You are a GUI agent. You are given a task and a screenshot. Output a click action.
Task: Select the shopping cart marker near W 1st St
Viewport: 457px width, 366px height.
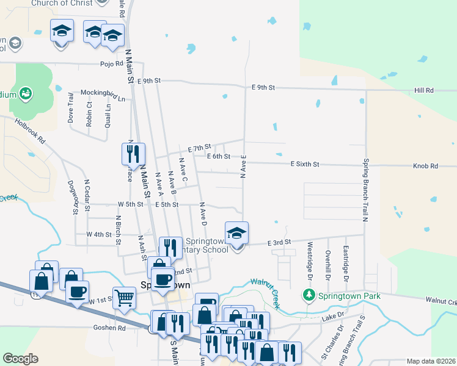[x=124, y=298]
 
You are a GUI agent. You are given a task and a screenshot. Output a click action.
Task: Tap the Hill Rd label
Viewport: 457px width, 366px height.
[x=423, y=90]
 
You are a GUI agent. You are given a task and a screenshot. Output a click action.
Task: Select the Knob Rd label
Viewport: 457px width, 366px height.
[x=425, y=166]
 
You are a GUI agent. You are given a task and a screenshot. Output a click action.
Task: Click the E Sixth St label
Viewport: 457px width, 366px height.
[x=305, y=164]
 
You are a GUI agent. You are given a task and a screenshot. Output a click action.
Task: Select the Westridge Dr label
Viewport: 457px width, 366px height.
[x=310, y=260]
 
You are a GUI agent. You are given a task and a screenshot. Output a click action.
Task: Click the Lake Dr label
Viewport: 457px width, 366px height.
[x=333, y=317]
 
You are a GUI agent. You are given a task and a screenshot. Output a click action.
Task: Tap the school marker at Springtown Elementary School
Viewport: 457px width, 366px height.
[x=236, y=233]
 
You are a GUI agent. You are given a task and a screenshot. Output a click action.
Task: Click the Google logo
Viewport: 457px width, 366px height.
[x=20, y=359]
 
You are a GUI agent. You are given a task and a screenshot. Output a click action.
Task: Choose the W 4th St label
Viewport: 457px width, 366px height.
[x=99, y=234]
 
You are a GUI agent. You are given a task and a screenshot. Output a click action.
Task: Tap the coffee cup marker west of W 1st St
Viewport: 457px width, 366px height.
[x=77, y=292]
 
